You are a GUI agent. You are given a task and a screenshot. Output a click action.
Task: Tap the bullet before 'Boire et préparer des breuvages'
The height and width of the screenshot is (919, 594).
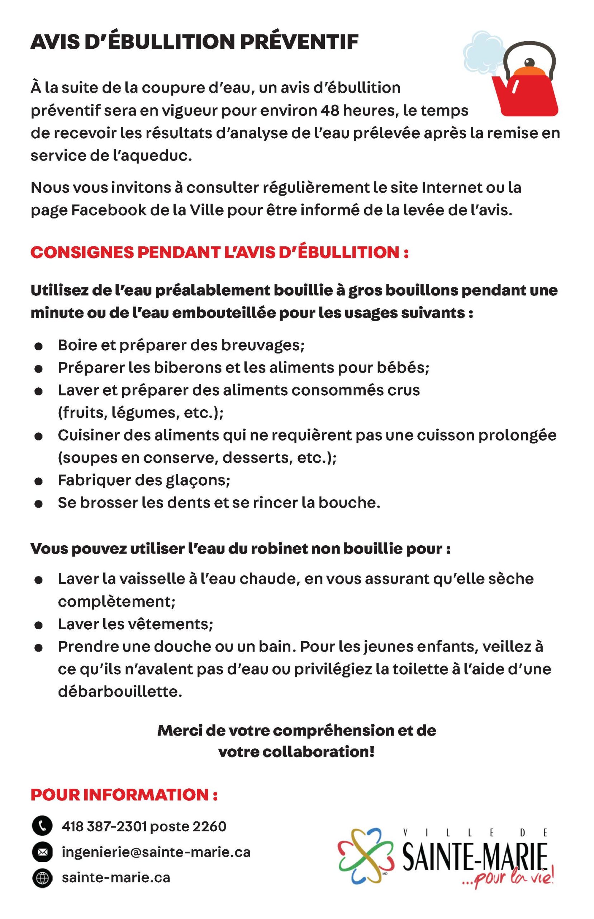click(x=38, y=346)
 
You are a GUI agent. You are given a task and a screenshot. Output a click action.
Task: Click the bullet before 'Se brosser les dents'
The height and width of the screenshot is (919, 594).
click(x=38, y=504)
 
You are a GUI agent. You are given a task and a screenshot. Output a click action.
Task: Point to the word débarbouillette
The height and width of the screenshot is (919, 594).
click(x=120, y=691)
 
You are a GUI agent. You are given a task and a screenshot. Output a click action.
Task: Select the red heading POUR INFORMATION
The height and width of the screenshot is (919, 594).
click(x=124, y=795)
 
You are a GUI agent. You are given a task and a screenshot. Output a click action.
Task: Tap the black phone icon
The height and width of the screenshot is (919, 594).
click(x=42, y=826)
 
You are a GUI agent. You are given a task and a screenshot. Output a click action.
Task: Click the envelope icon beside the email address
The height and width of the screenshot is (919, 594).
click(x=42, y=852)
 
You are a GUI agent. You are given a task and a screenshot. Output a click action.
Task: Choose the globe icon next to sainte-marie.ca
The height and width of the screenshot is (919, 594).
click(x=42, y=878)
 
